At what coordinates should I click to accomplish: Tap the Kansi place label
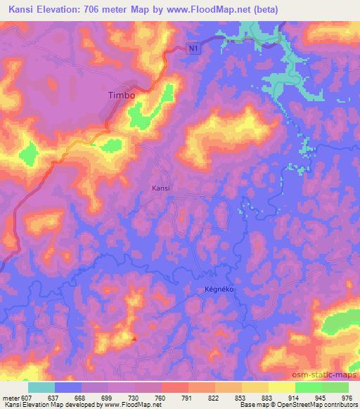(x=161, y=188)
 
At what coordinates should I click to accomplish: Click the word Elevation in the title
(x=59, y=9)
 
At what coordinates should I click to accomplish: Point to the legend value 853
(x=241, y=398)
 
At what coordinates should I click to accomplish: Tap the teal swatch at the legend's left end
(x=41, y=387)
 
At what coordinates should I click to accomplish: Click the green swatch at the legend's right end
(x=335, y=387)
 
